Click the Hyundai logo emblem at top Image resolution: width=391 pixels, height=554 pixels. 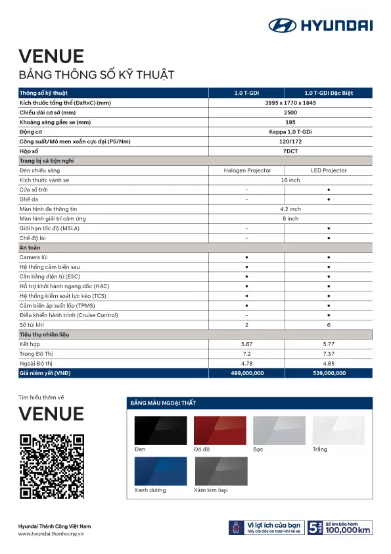coord(283,26)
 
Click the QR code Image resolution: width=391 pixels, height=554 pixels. coord(52,466)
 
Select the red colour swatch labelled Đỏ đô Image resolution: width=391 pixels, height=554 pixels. coord(219,430)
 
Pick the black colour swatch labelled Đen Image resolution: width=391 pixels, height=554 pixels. coord(160,430)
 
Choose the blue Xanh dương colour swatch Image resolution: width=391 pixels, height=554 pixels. coord(160,471)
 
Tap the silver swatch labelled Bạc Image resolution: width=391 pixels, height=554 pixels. coord(279,430)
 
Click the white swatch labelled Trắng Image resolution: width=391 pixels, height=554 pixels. coord(338,430)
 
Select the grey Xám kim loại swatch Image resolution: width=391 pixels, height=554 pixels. coord(219,471)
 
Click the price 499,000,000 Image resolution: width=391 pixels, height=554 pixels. coord(247,373)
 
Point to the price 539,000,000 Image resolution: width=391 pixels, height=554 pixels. coord(329,373)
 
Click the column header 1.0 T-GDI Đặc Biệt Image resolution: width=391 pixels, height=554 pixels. coord(329,93)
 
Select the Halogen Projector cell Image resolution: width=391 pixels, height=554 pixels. coord(247,170)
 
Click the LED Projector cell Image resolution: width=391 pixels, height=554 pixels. coord(329,170)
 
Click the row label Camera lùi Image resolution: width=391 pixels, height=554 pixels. coord(34,257)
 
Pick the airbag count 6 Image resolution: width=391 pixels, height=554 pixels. coord(329,325)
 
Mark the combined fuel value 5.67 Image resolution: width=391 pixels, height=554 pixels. coord(247,344)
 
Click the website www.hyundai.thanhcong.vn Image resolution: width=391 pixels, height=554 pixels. coord(51,534)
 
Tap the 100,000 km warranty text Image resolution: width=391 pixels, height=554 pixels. coord(348,530)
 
